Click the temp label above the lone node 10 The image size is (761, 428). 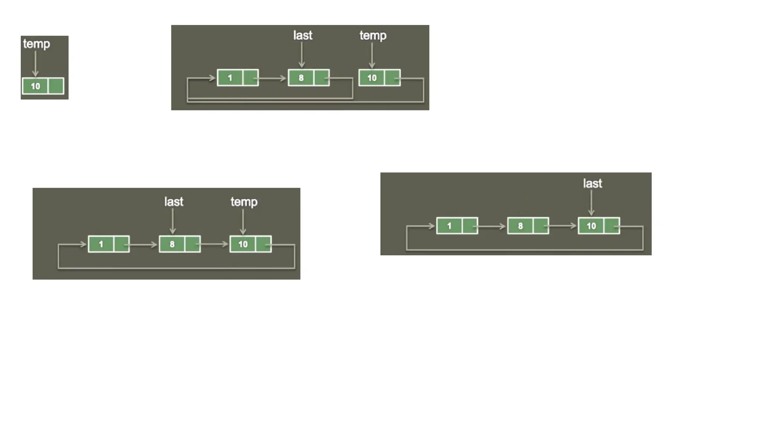click(36, 44)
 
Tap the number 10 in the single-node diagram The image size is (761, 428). click(35, 86)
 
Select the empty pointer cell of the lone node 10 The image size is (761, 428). click(56, 86)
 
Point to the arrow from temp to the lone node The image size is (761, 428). click(35, 63)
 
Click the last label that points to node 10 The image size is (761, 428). click(592, 184)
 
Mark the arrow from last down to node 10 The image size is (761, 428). click(591, 202)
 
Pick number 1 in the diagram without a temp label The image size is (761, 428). click(449, 226)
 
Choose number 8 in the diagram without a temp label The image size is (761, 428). click(520, 226)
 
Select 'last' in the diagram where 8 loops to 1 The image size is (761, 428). click(302, 36)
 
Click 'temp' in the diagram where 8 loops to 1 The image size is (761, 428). click(373, 36)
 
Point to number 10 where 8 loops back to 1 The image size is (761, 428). click(372, 78)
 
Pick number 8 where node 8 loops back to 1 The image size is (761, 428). click(301, 78)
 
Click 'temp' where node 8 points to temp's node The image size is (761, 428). click(244, 202)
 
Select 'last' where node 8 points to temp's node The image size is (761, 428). click(174, 202)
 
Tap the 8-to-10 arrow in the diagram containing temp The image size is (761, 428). click(214, 244)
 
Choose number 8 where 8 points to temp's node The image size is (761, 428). click(172, 244)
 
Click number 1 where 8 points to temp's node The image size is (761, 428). click(101, 244)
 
